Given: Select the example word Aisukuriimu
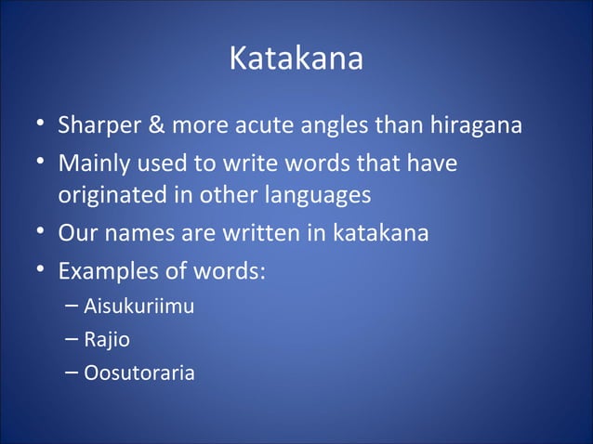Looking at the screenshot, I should [138, 306].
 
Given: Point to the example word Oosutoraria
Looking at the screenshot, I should [139, 374].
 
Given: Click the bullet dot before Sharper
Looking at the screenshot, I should [34, 124].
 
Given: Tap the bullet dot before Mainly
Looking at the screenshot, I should [34, 162].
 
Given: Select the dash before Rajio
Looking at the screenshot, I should [72, 340].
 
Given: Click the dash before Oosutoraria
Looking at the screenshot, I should [72, 374].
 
